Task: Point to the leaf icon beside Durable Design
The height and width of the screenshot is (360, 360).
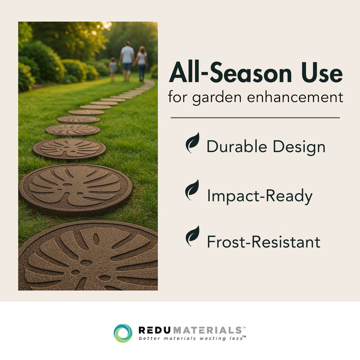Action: point(192,143)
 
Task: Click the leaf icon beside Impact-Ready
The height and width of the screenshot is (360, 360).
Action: point(192,190)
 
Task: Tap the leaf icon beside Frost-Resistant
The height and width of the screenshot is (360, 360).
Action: point(192,236)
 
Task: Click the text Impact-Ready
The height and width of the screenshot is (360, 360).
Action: point(259,196)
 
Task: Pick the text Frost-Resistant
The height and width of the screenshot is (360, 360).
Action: point(263,242)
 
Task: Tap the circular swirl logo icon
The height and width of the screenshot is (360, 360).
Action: point(123,333)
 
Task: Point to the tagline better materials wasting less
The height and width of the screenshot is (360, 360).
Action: point(191,338)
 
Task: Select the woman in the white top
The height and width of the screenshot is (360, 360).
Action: point(142,62)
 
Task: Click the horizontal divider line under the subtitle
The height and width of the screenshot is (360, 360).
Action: point(255,118)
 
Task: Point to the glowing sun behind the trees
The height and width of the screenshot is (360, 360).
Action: point(105,25)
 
